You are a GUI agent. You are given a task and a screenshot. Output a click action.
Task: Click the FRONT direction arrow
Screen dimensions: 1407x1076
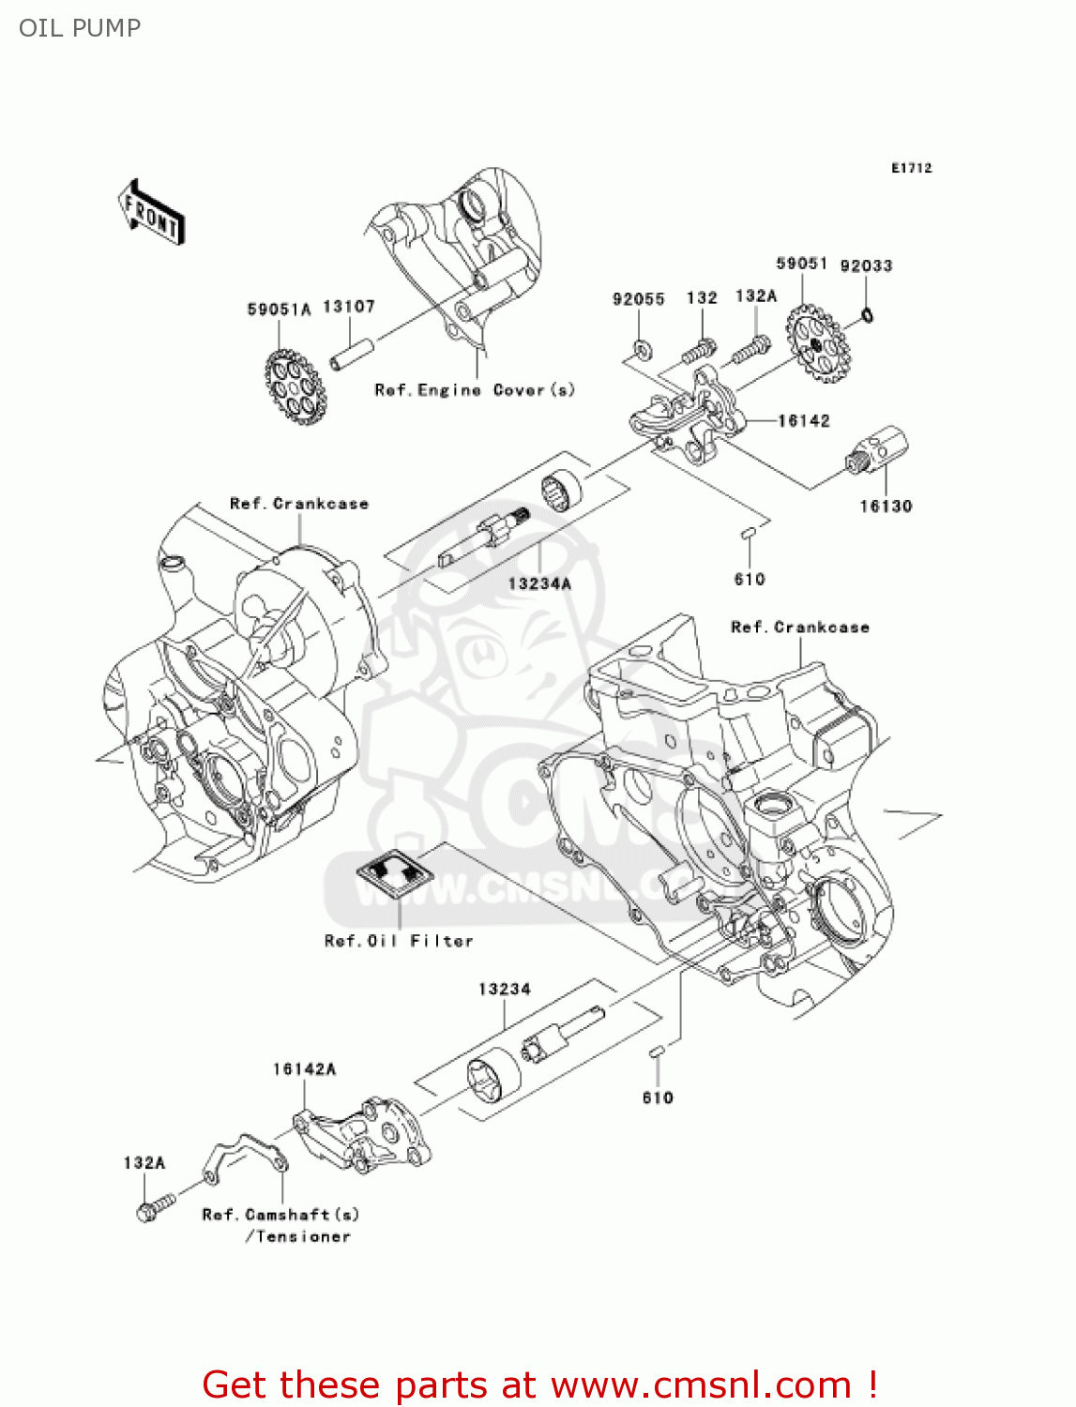pyautogui.click(x=151, y=213)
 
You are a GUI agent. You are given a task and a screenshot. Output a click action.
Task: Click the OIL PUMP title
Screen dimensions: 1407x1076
pyautogui.click(x=80, y=28)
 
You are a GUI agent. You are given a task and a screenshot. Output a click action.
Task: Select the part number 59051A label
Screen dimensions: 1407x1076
pyautogui.click(x=279, y=310)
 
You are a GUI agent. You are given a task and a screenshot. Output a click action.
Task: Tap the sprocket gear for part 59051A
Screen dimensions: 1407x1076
pyautogui.click(x=295, y=386)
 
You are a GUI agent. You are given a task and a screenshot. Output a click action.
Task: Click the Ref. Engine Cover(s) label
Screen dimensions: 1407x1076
pyautogui.click(x=475, y=390)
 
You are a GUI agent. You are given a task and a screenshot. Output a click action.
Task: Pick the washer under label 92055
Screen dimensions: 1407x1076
pyautogui.click(x=641, y=349)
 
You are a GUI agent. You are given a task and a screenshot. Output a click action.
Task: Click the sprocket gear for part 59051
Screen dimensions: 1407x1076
pyautogui.click(x=818, y=346)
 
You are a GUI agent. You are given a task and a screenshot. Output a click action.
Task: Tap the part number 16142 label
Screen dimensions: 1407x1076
pyautogui.click(x=804, y=421)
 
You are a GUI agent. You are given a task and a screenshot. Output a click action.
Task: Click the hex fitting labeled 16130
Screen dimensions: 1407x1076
pyautogui.click(x=877, y=451)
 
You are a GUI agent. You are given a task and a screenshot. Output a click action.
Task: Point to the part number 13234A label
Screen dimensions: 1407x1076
pyautogui.click(x=539, y=583)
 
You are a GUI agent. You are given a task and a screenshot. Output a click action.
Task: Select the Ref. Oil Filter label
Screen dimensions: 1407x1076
pyautogui.click(x=399, y=941)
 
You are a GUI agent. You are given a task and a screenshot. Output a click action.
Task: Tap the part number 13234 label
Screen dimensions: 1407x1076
pyautogui.click(x=505, y=990)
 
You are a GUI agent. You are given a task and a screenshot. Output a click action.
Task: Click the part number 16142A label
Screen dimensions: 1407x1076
pyautogui.click(x=305, y=1069)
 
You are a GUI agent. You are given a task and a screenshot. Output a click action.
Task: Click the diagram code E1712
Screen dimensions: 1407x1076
pyautogui.click(x=911, y=168)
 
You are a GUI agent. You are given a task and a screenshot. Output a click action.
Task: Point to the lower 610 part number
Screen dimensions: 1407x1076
pyautogui.click(x=658, y=1097)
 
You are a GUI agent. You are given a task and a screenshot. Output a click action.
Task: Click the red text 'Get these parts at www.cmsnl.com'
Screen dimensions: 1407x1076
pyautogui.click(x=539, y=1384)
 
